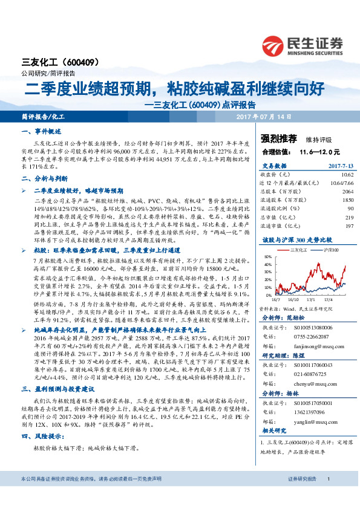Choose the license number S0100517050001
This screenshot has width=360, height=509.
point(313,402)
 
